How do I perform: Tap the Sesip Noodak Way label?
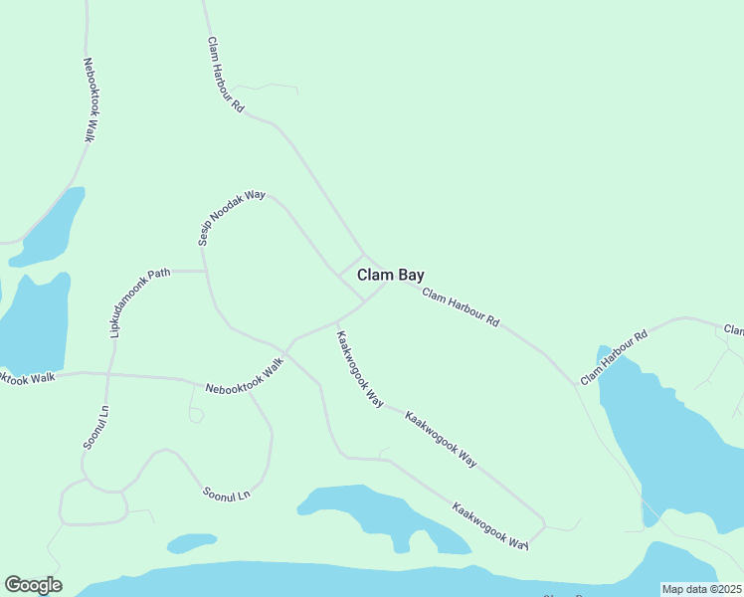point(231,219)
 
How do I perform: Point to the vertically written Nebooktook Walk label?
point(89,99)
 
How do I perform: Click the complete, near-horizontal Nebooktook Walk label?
point(245,375)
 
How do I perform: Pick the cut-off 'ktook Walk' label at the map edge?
point(28,377)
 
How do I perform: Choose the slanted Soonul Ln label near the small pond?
point(226,492)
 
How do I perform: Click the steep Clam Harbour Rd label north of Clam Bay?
point(226,75)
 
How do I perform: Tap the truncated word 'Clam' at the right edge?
point(734,329)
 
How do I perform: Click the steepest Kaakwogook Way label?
point(359,368)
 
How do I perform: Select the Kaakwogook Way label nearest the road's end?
point(489,525)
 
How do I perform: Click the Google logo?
point(33,585)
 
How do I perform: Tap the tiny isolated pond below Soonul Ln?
point(192,542)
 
